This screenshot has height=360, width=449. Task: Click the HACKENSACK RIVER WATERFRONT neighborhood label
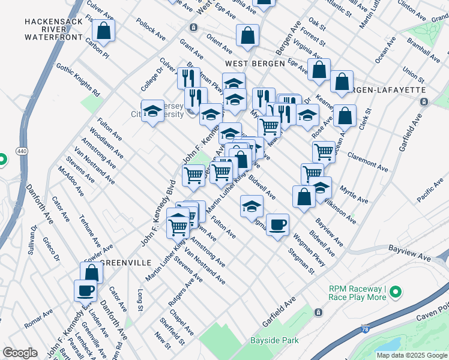point(53,29)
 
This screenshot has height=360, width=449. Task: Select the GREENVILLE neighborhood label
point(124,262)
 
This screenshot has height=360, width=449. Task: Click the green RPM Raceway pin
point(396,292)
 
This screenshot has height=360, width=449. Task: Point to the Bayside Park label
point(274,340)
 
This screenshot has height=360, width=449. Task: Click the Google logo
point(20,353)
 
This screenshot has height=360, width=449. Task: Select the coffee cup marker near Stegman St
point(277,225)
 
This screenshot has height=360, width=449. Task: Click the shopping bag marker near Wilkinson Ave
point(304,196)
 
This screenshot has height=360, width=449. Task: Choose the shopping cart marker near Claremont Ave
point(324,151)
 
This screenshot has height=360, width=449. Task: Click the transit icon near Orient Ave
point(193,28)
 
